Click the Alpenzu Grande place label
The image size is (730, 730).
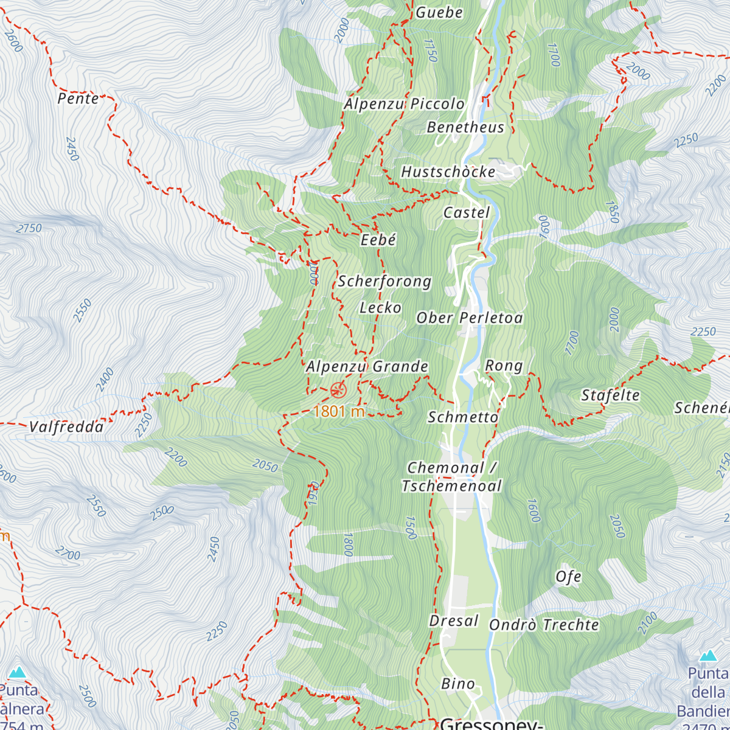click(x=367, y=367)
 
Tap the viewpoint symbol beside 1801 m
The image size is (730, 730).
click(x=338, y=390)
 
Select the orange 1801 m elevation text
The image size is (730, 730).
click(x=339, y=411)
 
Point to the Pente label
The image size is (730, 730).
click(x=78, y=99)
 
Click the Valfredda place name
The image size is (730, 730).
click(x=66, y=427)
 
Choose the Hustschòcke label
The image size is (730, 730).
click(x=448, y=172)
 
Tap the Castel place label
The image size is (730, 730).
click(x=467, y=212)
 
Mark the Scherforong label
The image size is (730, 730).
click(x=384, y=281)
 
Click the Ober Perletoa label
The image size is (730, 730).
click(x=470, y=318)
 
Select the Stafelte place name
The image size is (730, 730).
click(x=610, y=395)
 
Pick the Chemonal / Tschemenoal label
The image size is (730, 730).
click(x=452, y=477)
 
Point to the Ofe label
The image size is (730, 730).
click(x=568, y=577)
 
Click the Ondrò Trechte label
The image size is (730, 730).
click(x=544, y=625)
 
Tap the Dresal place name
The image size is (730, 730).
click(x=454, y=620)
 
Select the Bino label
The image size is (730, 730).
click(x=457, y=684)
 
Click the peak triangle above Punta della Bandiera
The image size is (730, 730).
click(x=707, y=656)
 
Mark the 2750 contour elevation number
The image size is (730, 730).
click(x=29, y=229)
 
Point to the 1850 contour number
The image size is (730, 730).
click(x=612, y=212)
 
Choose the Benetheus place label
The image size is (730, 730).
click(x=465, y=127)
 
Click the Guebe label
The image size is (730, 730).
click(x=439, y=12)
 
